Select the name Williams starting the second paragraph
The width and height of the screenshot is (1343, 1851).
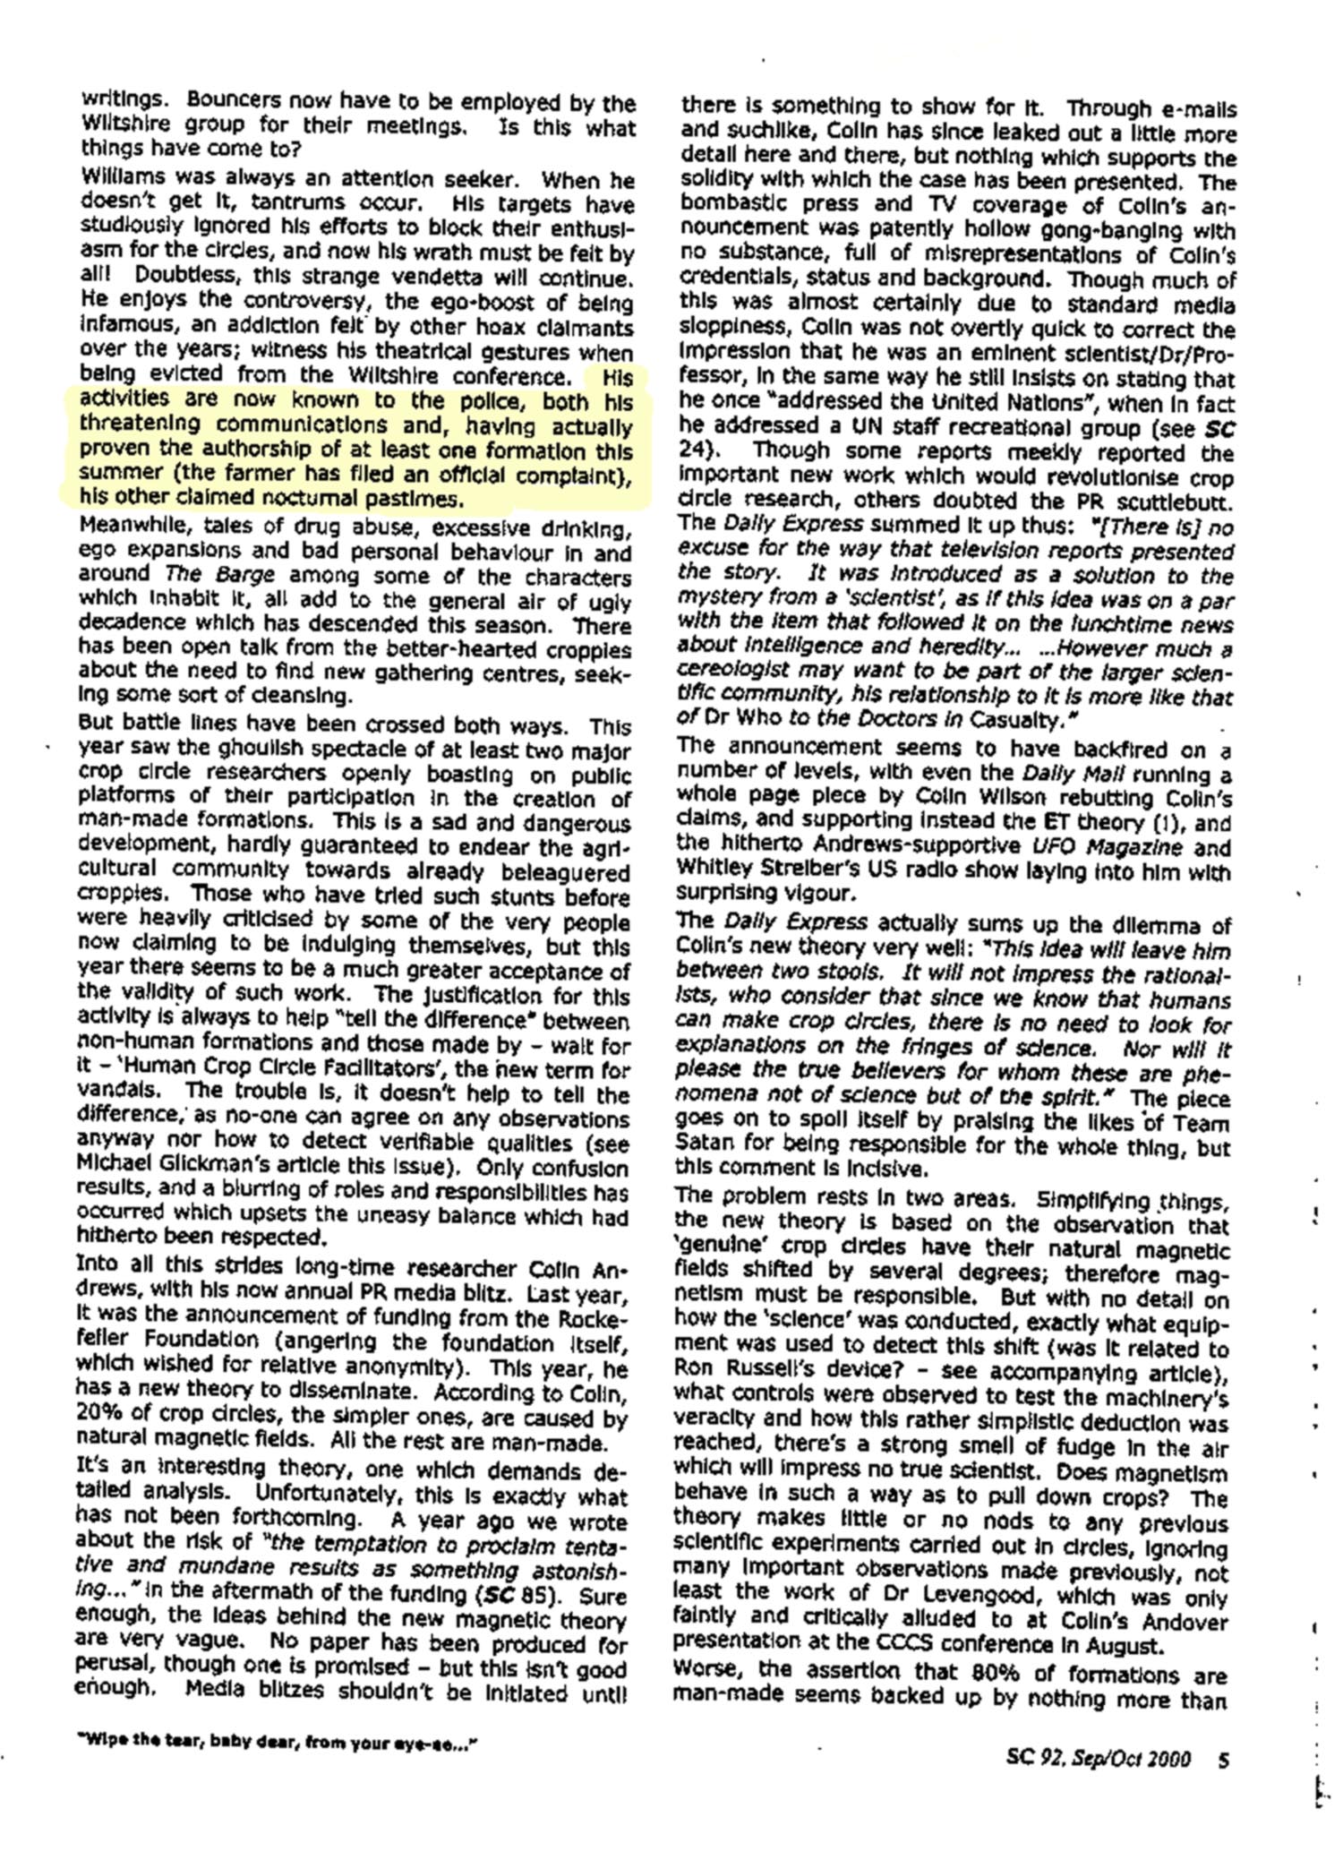coord(117,179)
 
